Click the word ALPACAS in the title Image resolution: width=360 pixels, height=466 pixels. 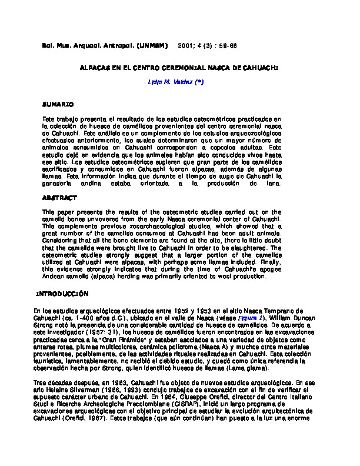click(96, 68)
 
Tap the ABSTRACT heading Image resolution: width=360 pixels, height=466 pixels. click(59, 198)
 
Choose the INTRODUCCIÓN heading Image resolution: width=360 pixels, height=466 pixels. click(62, 292)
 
